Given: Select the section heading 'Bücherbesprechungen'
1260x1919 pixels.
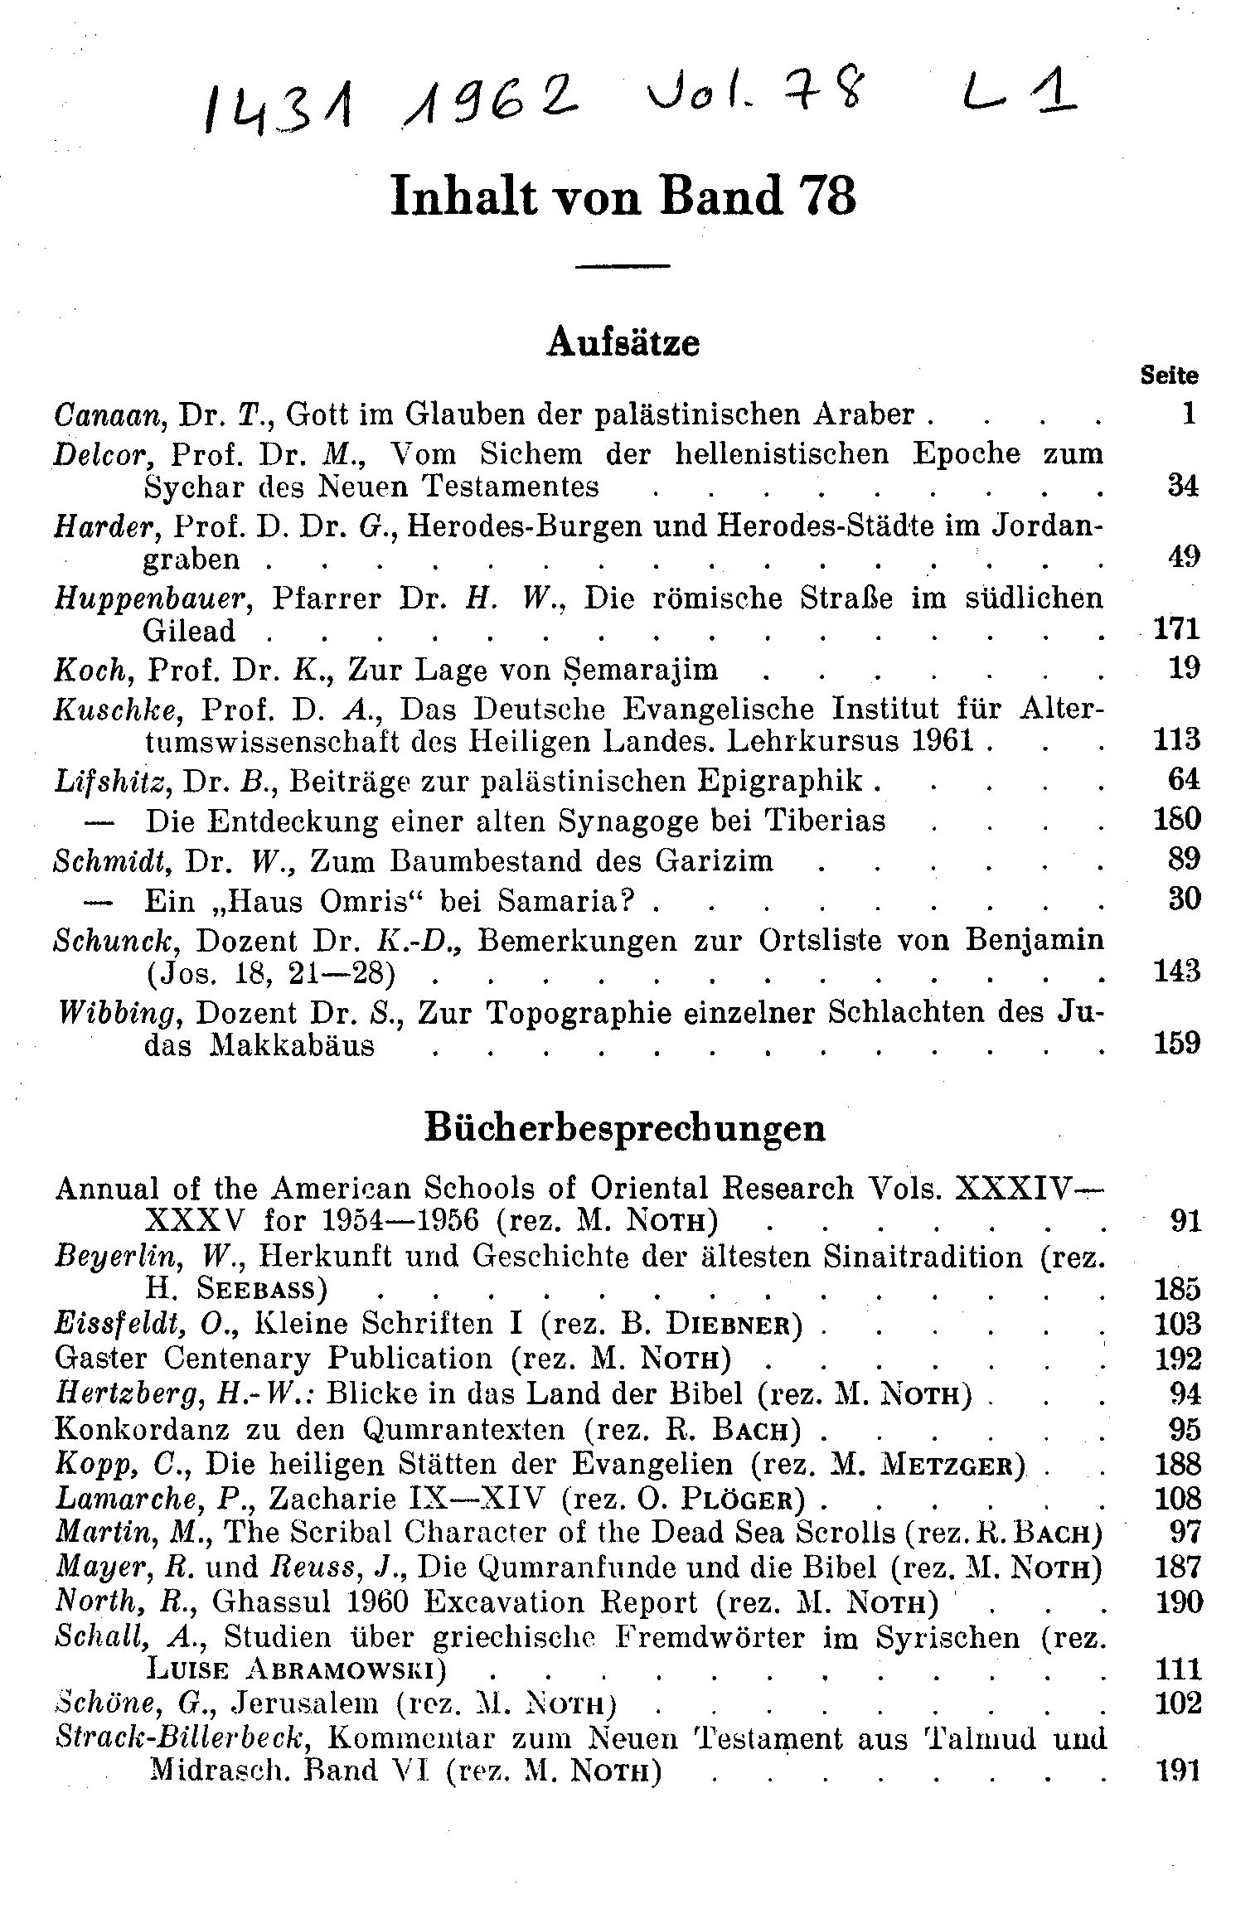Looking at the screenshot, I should [625, 1128].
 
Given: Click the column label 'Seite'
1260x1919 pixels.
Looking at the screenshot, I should [1169, 376].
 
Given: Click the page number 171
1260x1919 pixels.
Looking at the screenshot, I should [1177, 629].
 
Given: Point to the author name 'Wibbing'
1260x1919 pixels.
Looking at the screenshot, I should [116, 1013].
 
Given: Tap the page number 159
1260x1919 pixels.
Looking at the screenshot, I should [1177, 1043].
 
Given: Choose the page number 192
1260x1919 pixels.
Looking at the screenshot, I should [1177, 1359].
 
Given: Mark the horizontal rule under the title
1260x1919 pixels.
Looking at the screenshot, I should [623, 266].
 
